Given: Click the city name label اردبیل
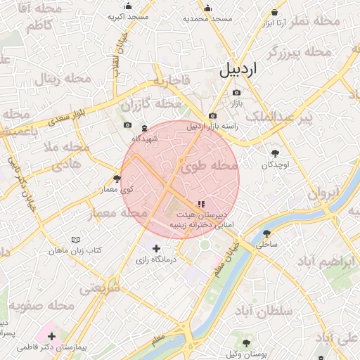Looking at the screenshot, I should coord(239,69).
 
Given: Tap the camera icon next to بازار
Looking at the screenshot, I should coord(236,93).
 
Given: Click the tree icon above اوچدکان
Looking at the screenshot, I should coord(275,153).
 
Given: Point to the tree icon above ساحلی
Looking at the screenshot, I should coord(266,233).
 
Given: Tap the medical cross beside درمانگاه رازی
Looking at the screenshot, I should coord(156,248).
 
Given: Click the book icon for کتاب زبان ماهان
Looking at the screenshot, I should coord(76,239).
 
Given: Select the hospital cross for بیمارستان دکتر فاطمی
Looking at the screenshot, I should coord(51,336).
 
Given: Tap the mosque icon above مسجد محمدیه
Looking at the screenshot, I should coord(207,8).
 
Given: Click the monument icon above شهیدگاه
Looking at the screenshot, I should coord(144,129).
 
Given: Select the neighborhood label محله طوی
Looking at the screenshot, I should coord(210,167).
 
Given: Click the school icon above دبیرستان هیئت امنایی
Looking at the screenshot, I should coord(202,203).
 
